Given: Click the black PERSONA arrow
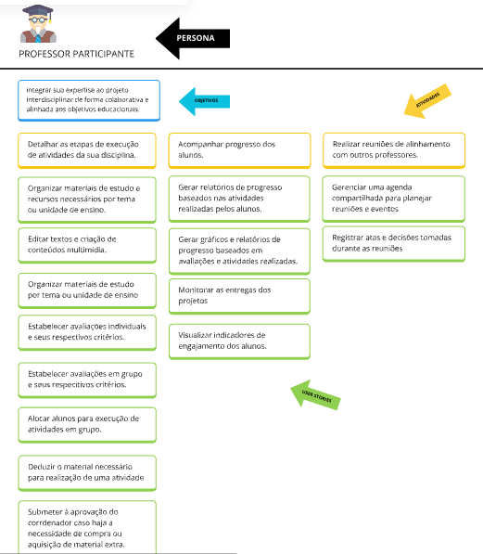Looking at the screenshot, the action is tap(193, 38).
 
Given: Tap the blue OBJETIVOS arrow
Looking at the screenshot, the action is tap(205, 101).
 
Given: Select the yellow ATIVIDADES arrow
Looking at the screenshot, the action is tap(427, 101).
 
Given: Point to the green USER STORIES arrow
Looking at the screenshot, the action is tap(315, 395).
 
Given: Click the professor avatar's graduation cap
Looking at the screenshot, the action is tap(37, 10).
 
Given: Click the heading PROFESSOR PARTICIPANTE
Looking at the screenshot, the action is tap(77, 54).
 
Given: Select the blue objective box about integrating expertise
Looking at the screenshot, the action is tap(89, 100).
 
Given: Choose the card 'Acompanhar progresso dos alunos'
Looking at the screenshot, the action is tap(240, 150).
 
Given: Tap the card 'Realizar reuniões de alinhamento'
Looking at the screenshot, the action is tap(394, 150).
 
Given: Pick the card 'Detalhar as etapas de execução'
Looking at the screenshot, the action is tap(87, 150).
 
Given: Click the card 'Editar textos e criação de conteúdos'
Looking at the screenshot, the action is tap(87, 245).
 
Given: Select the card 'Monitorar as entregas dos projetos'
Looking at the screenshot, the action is tap(239, 296).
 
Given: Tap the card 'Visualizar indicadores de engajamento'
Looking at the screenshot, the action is tap(239, 341).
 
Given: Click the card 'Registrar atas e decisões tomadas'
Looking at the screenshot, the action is tap(394, 244).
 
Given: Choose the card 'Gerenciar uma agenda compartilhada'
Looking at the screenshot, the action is tap(394, 199).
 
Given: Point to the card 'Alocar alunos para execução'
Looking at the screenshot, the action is tap(87, 425).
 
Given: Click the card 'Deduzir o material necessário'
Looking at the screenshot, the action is tap(87, 473).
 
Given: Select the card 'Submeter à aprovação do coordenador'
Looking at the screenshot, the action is tap(87, 527).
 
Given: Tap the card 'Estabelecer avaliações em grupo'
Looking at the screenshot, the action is tap(87, 380).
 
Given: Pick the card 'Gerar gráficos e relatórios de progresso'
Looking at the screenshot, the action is tap(239, 251).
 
